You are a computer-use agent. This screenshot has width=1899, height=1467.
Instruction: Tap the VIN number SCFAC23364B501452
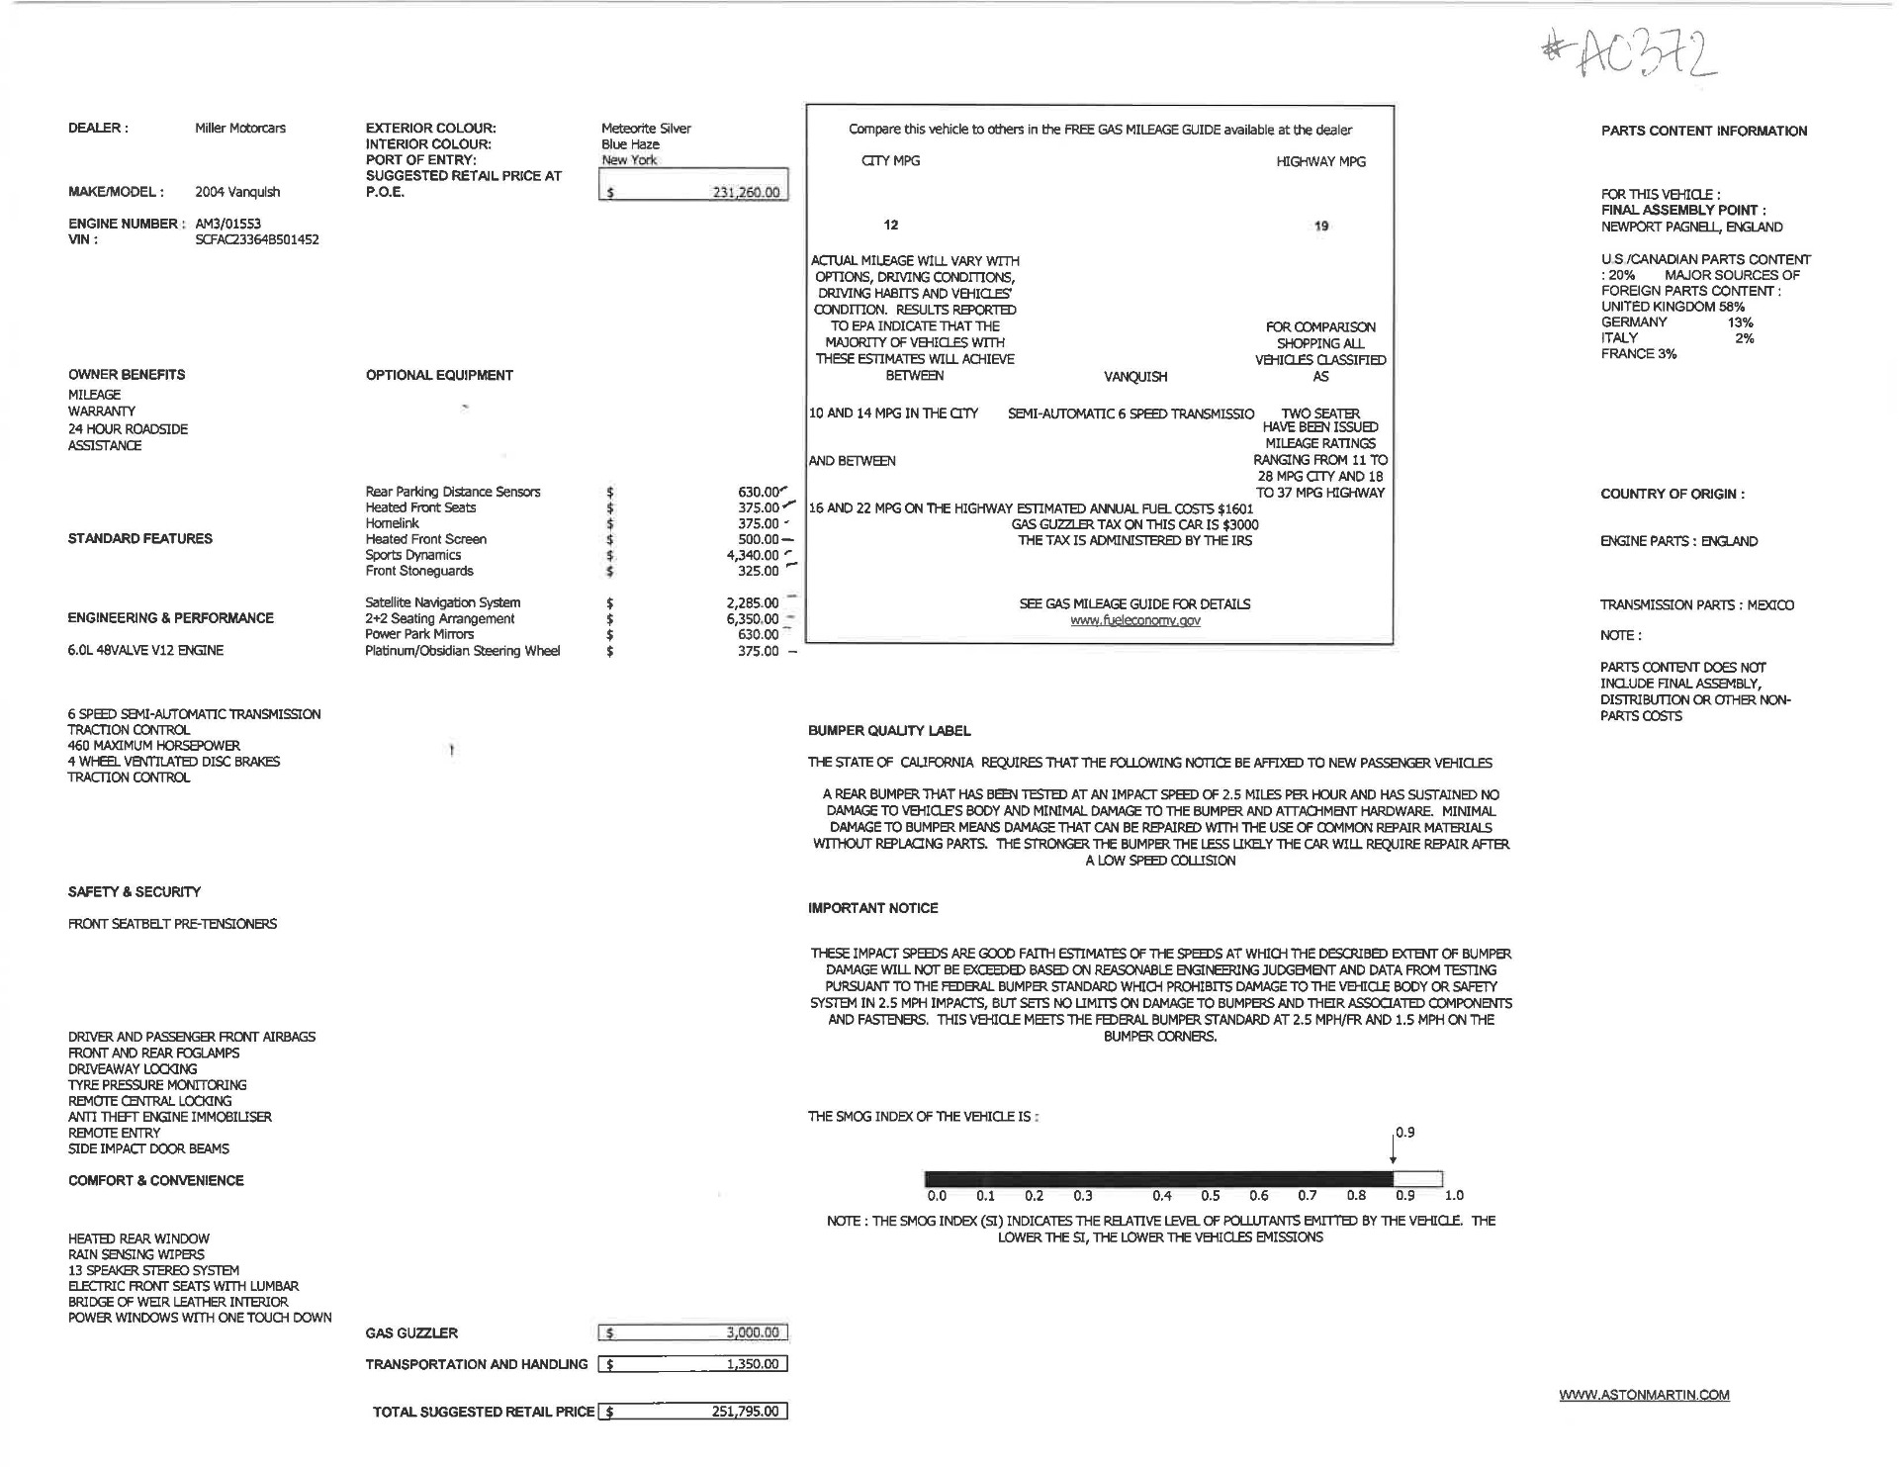257,239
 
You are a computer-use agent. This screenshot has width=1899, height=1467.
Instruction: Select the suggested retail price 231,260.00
745,193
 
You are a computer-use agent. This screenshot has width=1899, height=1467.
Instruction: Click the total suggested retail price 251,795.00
745,1412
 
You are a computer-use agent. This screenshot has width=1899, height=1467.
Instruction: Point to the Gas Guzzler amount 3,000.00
753,1332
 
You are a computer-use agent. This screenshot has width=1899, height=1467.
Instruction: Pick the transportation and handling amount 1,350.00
753,1364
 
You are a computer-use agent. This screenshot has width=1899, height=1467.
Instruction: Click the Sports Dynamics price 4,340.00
753,555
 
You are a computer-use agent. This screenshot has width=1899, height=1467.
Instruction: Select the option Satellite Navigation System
442,602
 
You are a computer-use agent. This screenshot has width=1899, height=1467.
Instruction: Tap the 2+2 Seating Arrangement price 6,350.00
753,619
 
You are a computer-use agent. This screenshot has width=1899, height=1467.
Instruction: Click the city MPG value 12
891,225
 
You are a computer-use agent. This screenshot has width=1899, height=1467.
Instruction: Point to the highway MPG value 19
1321,226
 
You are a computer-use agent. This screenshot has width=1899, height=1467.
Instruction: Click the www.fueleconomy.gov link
1134,620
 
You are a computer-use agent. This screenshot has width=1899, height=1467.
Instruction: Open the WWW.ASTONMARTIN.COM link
1644,1395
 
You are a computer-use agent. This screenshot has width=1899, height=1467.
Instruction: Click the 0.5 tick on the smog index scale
1211,1195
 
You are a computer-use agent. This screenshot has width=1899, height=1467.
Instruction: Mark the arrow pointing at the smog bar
1393,1150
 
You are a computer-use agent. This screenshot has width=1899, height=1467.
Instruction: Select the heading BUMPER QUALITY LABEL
889,731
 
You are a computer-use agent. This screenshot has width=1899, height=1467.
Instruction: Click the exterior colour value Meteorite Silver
646,129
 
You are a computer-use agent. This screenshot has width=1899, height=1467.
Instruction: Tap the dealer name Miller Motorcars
240,129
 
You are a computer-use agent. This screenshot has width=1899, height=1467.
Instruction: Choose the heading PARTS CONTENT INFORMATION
1703,131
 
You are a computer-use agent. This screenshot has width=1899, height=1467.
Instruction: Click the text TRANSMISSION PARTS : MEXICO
1696,604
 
